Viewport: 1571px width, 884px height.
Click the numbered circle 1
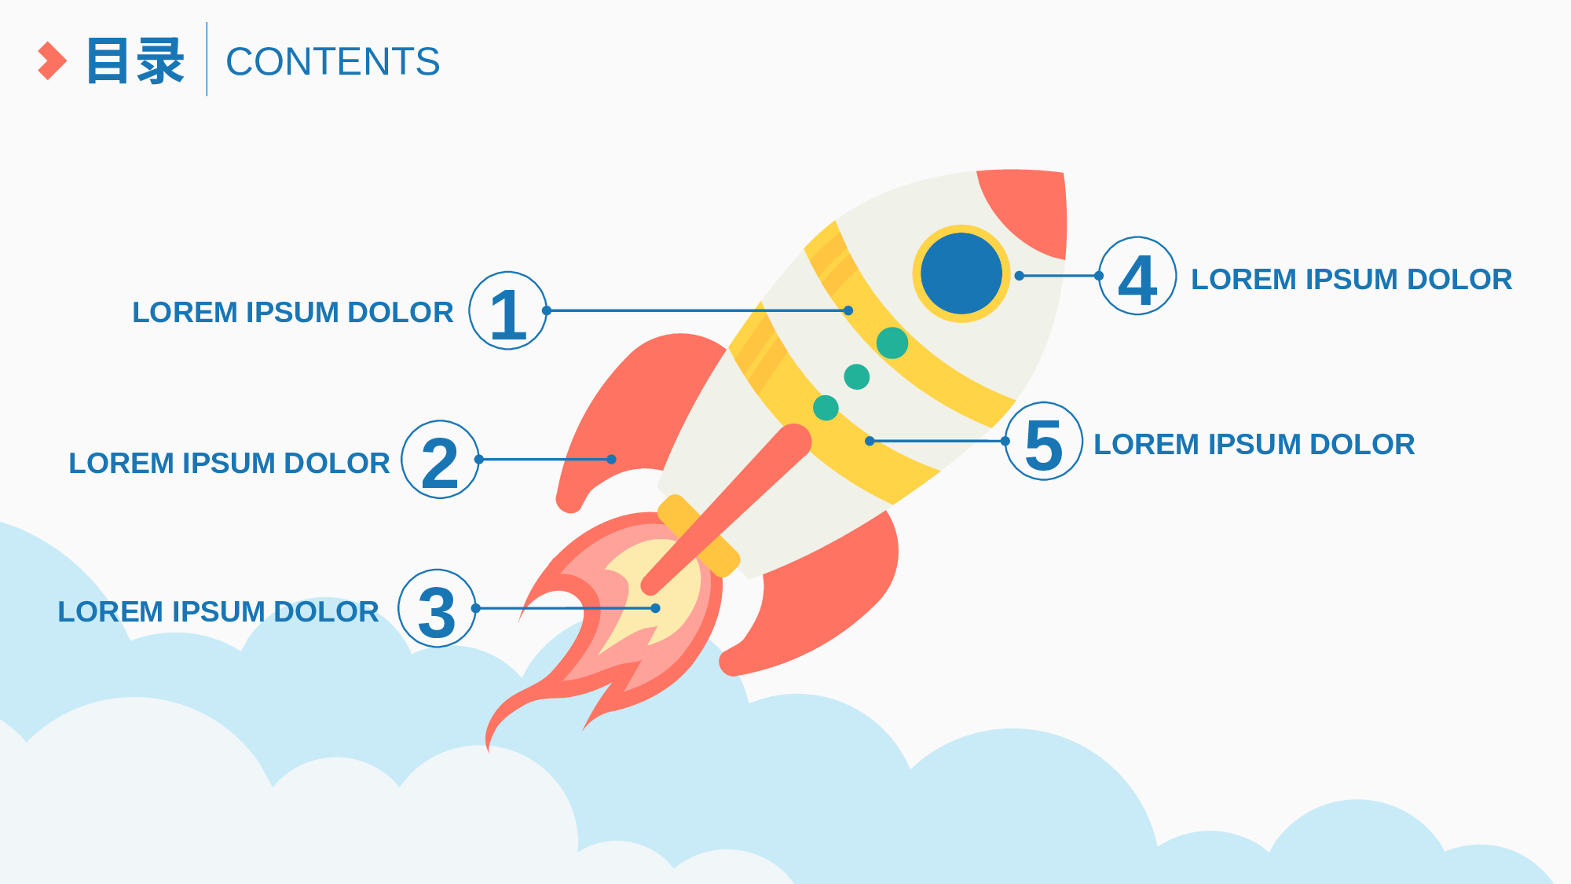click(x=508, y=310)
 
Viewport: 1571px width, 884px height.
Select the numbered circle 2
click(x=441, y=460)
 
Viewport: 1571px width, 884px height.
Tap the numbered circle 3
click(x=438, y=608)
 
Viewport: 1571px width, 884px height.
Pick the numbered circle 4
click(x=1137, y=276)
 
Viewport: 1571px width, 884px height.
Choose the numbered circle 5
click(x=1044, y=442)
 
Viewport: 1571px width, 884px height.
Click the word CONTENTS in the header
click(x=333, y=61)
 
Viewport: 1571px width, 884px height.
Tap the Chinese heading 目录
click(x=136, y=61)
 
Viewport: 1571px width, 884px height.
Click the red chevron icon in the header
click(x=53, y=61)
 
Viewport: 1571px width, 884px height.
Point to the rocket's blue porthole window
click(x=961, y=273)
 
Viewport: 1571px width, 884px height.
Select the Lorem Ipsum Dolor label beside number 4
click(x=1351, y=280)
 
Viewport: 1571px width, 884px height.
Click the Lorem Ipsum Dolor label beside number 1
click(x=292, y=313)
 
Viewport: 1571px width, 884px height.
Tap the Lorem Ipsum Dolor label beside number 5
click(x=1254, y=445)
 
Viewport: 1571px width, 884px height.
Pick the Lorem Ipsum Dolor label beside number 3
click(x=218, y=612)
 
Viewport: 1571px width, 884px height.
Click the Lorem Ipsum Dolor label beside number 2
click(x=229, y=464)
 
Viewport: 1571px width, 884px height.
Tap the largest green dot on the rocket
click(x=892, y=343)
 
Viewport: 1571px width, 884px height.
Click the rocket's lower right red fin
click(x=825, y=597)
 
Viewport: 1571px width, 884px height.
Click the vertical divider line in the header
click(x=207, y=59)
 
